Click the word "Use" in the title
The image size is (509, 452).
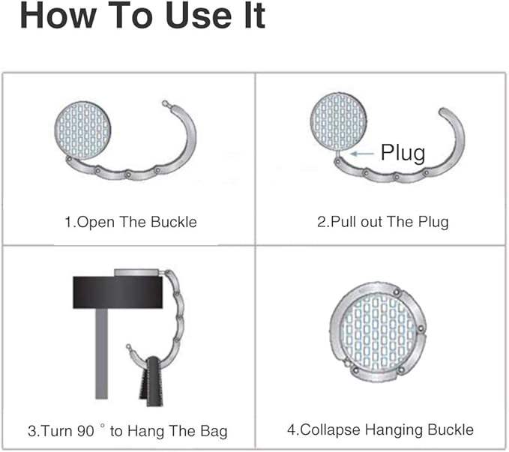tap(198, 16)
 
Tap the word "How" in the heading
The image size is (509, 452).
tap(58, 16)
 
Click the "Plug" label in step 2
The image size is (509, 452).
tap(403, 153)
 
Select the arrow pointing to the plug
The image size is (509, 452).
tap(362, 154)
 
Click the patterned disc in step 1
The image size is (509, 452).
tap(82, 130)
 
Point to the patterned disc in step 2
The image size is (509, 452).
tap(339, 121)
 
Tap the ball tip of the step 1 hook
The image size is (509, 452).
tap(165, 103)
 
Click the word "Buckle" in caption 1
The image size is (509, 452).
tap(174, 223)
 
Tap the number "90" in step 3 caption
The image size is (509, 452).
tap(85, 431)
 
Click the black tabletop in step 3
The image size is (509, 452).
tap(118, 292)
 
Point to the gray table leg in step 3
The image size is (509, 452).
tap(101, 353)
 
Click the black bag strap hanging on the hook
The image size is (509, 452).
tap(151, 382)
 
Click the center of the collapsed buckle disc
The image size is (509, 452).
tap(378, 332)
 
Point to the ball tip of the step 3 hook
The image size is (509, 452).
tap(128, 346)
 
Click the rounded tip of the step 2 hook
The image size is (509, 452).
tap(443, 112)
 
